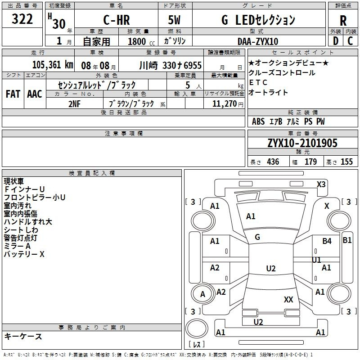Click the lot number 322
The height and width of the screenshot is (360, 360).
(x=22, y=19)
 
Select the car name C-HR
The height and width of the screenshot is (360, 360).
(x=117, y=20)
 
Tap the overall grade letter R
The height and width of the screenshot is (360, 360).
(x=343, y=21)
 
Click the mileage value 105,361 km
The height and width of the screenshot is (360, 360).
(x=53, y=65)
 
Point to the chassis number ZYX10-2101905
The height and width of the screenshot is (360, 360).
(x=302, y=143)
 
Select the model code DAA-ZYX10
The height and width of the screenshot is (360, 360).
(x=258, y=41)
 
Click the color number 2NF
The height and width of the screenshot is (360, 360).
(x=74, y=104)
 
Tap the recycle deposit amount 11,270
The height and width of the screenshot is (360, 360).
(x=224, y=103)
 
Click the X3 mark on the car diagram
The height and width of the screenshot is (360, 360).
(x=321, y=184)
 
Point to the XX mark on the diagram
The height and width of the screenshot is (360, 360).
(x=288, y=299)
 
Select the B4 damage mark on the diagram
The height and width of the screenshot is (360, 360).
(x=327, y=241)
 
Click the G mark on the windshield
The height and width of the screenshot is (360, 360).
(x=257, y=237)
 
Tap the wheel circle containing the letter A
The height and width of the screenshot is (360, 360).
(x=203, y=294)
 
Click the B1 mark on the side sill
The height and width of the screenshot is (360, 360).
(x=347, y=240)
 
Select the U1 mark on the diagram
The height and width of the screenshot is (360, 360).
(x=316, y=260)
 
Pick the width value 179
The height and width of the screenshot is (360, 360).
(x=310, y=162)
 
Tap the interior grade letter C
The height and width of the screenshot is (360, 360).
(x=350, y=41)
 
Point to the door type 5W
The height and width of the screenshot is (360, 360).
(x=174, y=20)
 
